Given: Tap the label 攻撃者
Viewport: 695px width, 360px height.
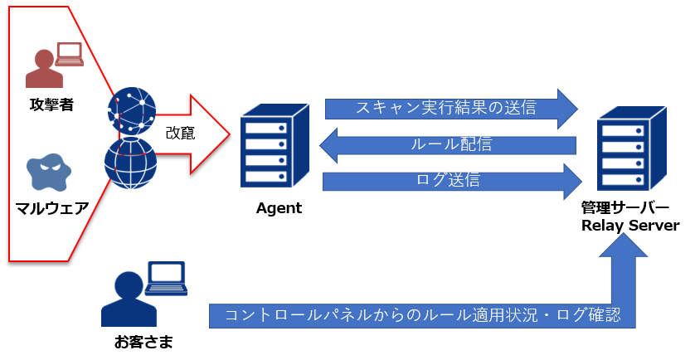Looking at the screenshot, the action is (51, 105).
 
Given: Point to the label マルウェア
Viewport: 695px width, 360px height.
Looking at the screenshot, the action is (52, 207).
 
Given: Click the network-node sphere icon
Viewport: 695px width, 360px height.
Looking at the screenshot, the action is (132, 111).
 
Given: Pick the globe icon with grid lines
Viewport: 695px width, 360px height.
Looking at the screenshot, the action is (131, 163).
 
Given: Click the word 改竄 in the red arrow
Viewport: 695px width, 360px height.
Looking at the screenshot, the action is (181, 133).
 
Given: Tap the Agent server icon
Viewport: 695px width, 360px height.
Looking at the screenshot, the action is (275, 146).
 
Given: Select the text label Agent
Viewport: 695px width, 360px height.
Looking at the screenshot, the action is (279, 208).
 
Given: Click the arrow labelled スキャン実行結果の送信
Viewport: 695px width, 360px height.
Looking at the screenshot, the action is (452, 109).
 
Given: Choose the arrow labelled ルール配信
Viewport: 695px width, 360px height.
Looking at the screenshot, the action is (448, 145).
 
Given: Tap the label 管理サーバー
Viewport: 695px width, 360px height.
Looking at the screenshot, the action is (625, 207).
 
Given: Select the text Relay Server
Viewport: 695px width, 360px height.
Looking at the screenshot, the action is (630, 226).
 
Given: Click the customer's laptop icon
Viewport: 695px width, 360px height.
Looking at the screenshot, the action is (166, 279).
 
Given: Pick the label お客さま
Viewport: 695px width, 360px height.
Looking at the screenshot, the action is (143, 342).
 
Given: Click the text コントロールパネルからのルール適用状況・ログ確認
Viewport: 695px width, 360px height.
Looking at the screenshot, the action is (422, 314).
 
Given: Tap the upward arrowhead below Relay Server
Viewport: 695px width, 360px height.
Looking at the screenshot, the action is (623, 245).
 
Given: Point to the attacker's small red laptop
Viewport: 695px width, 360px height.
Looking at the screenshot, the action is (69, 54).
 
